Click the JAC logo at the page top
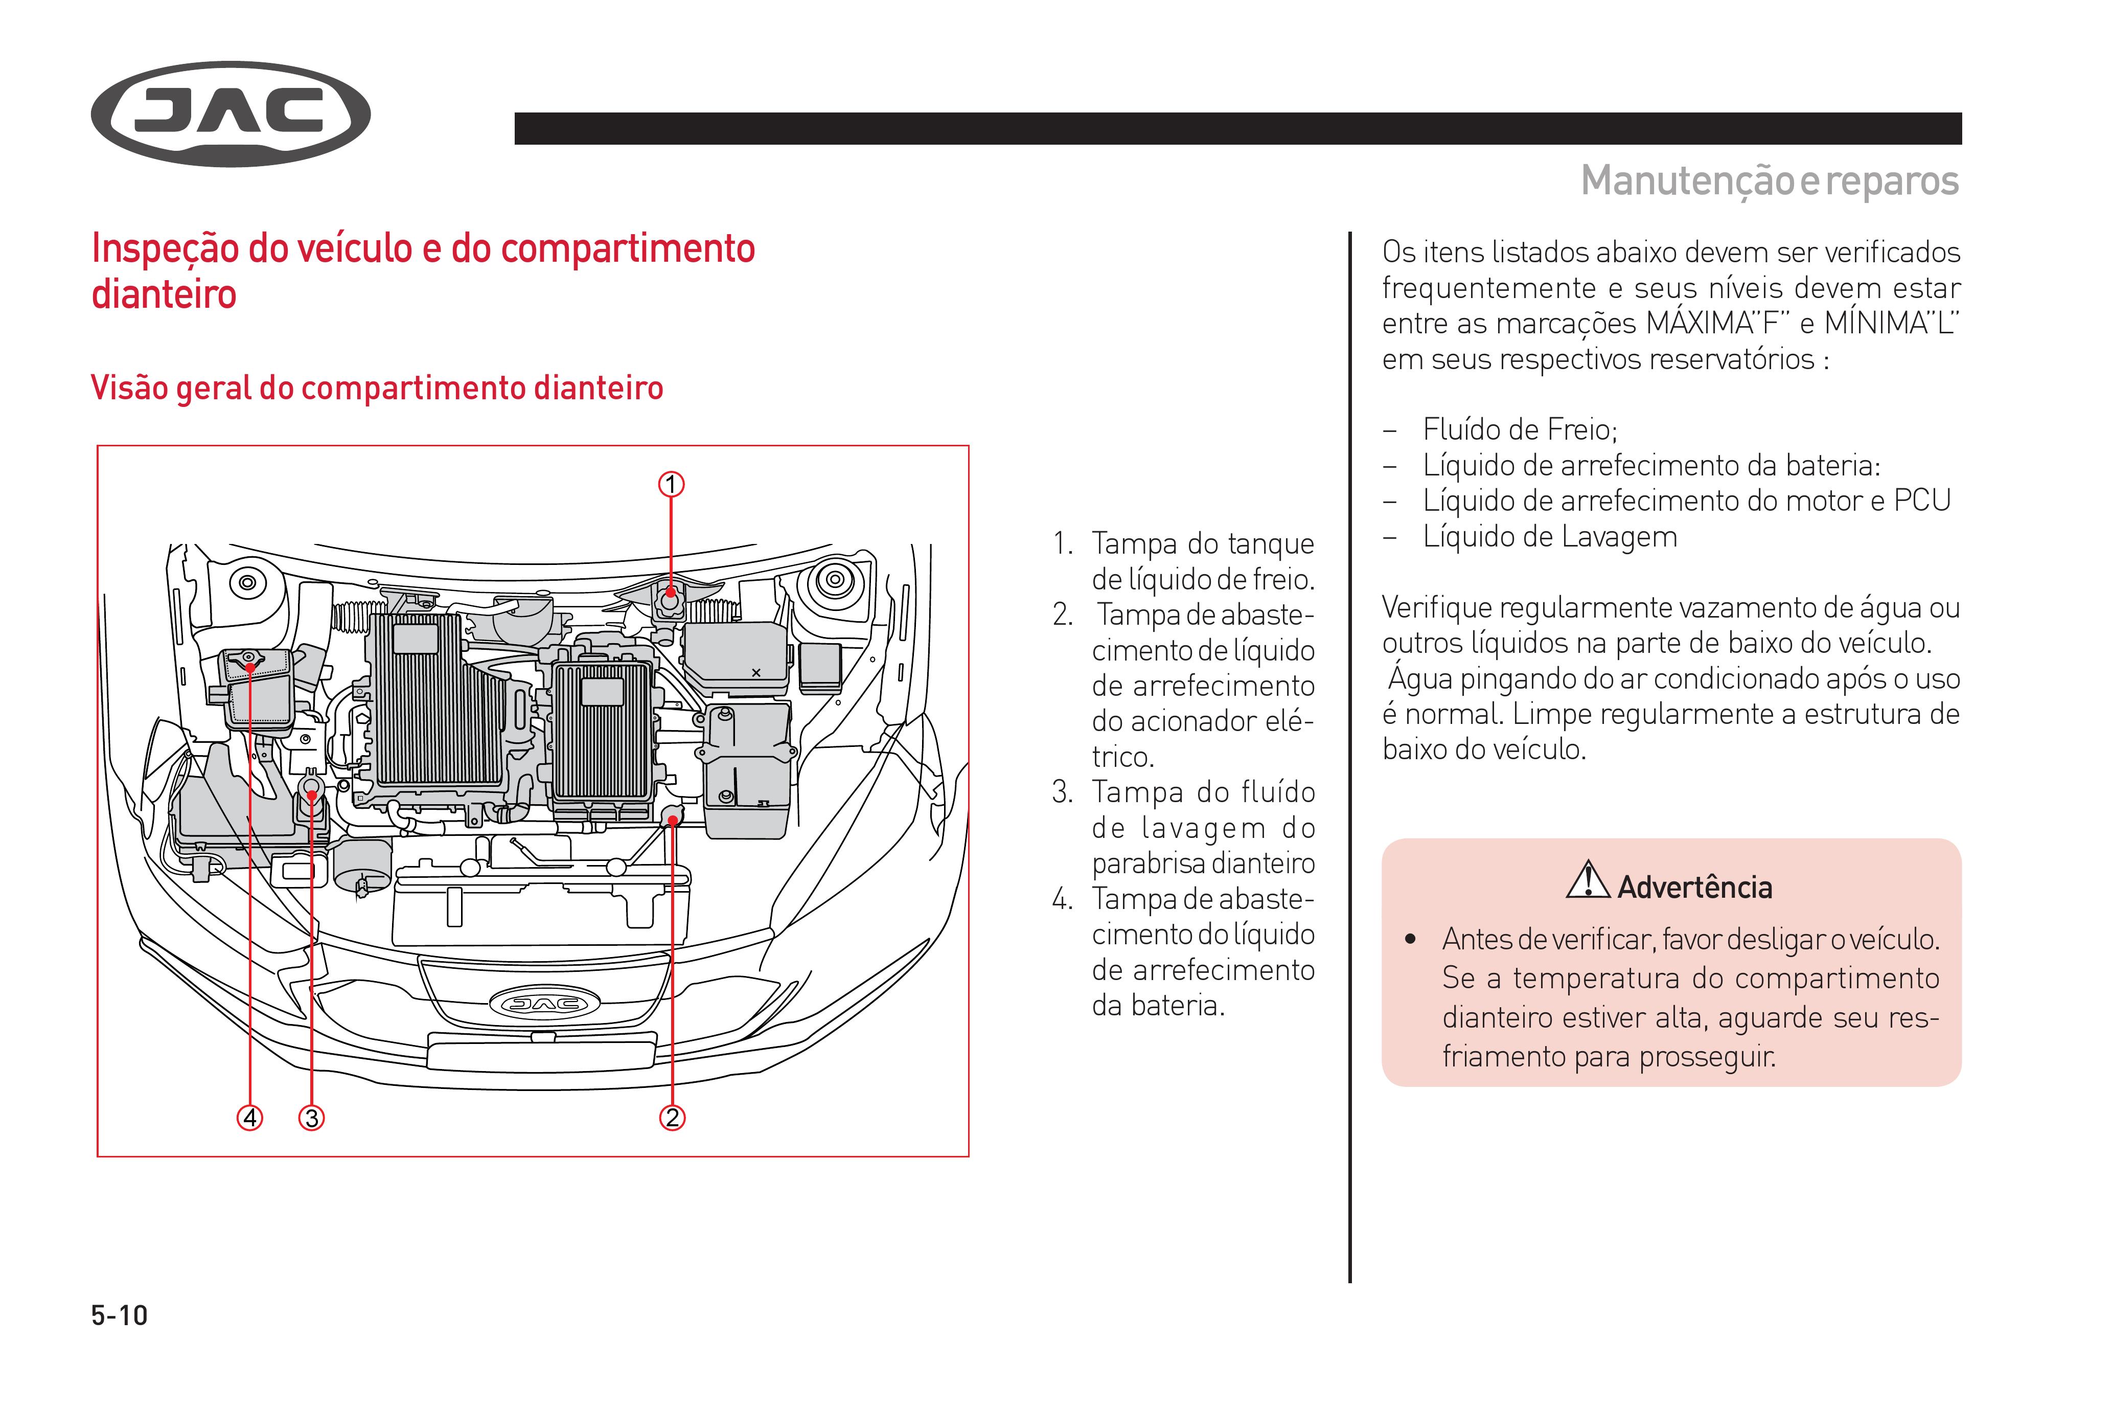coord(231,114)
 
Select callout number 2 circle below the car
coord(672,1118)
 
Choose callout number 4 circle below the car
coord(250,1118)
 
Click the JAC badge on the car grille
coord(539,1004)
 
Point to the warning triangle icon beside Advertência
coord(1588,880)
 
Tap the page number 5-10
coord(120,1315)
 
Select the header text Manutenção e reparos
coord(1769,180)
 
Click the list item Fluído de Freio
coord(1520,429)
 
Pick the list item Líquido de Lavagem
coord(1550,536)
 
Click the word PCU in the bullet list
coord(1922,501)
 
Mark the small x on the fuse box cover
coord(755,672)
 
